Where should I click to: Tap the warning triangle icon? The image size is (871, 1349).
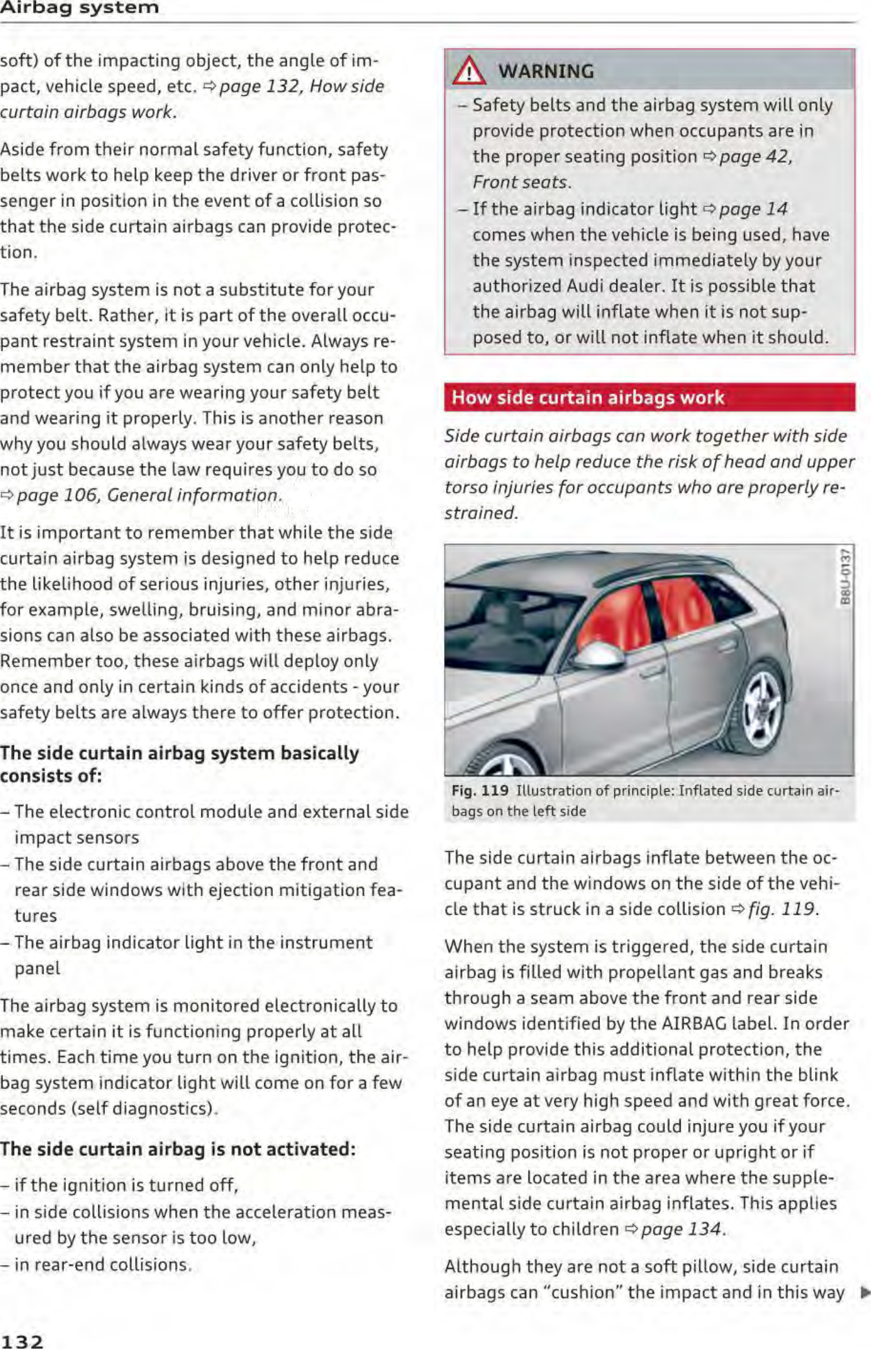tap(469, 71)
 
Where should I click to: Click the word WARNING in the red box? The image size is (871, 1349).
tap(546, 71)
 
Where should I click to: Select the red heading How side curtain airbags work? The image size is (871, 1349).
tap(588, 398)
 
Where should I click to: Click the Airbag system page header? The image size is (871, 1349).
tap(79, 8)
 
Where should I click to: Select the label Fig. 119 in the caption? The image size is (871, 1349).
tap(480, 791)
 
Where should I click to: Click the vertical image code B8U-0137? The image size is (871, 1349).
tap(845, 576)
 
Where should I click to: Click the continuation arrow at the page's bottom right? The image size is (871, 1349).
tap(864, 1292)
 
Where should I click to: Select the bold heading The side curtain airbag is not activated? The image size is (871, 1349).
tap(178, 1149)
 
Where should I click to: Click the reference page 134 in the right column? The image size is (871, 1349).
tap(681, 1229)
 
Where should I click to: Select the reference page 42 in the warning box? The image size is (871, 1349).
tap(754, 157)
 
